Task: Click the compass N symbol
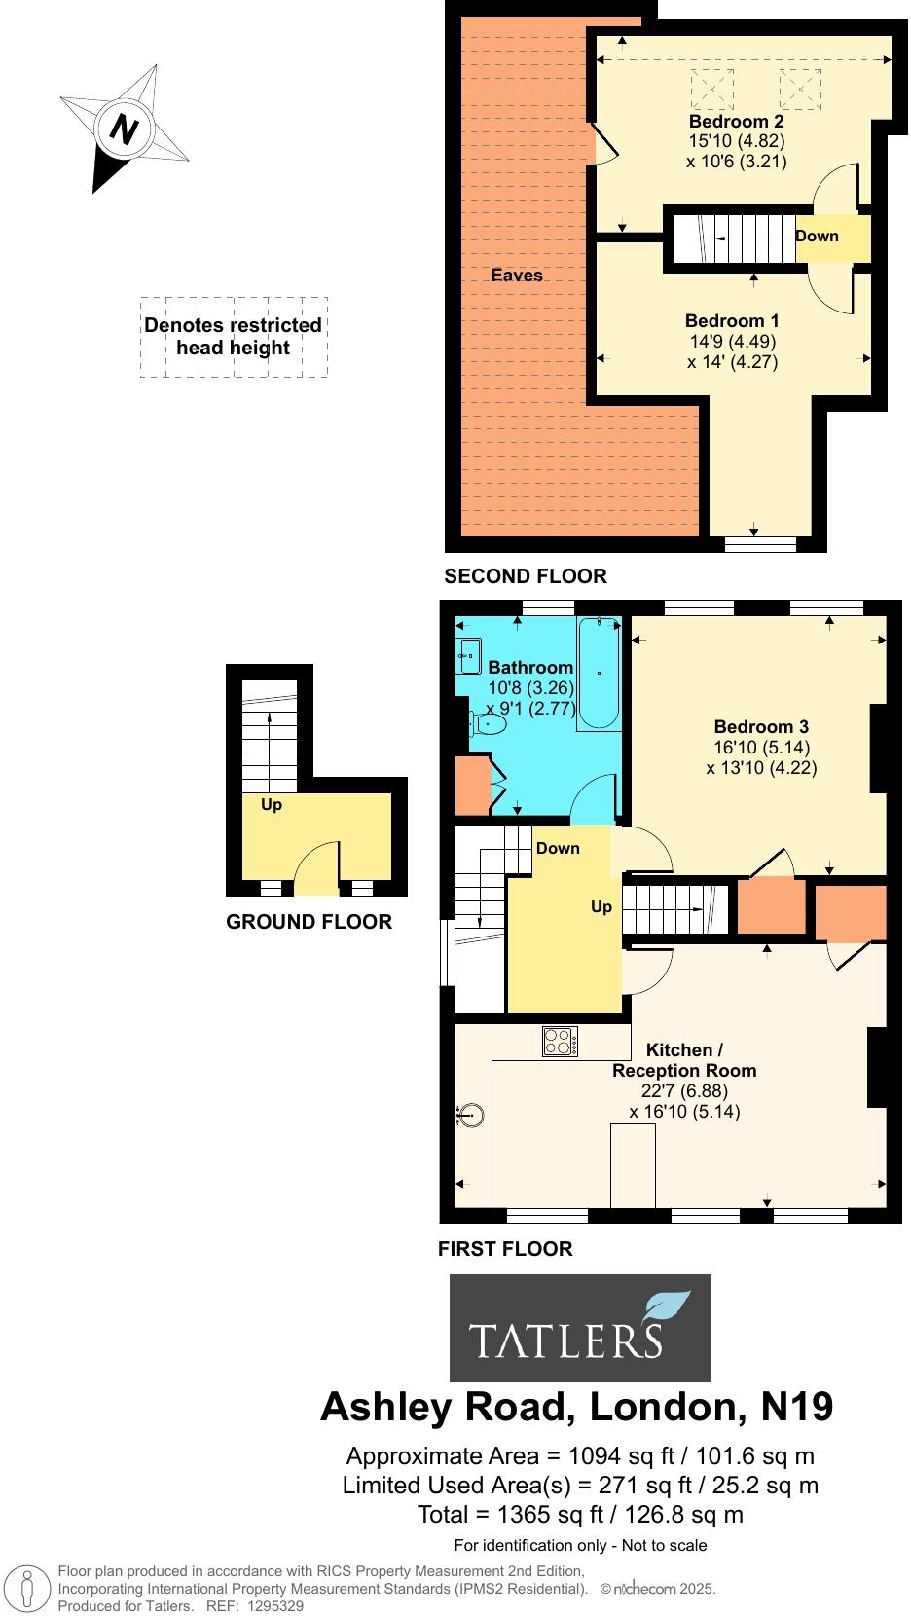pyautogui.click(x=122, y=129)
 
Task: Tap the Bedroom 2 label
pyautogui.click(x=736, y=122)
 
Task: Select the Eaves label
pyautogui.click(x=516, y=276)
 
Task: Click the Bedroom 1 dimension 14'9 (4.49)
pyautogui.click(x=732, y=342)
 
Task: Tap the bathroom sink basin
pyautogui.click(x=468, y=655)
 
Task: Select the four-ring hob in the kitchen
pyautogui.click(x=561, y=1043)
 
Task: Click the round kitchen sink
pyautogui.click(x=472, y=1115)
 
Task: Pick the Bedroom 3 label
pyautogui.click(x=761, y=726)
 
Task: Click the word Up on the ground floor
pyautogui.click(x=272, y=805)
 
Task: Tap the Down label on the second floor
pyautogui.click(x=817, y=236)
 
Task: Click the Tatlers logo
pyautogui.click(x=580, y=1329)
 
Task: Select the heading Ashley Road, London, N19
pyautogui.click(x=576, y=1407)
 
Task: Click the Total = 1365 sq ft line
pyautogui.click(x=580, y=1514)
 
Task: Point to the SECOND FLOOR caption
pyautogui.click(x=525, y=576)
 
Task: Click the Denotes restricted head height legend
pyautogui.click(x=234, y=337)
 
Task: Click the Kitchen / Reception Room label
pyautogui.click(x=683, y=1060)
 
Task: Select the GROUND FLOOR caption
pyautogui.click(x=309, y=922)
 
